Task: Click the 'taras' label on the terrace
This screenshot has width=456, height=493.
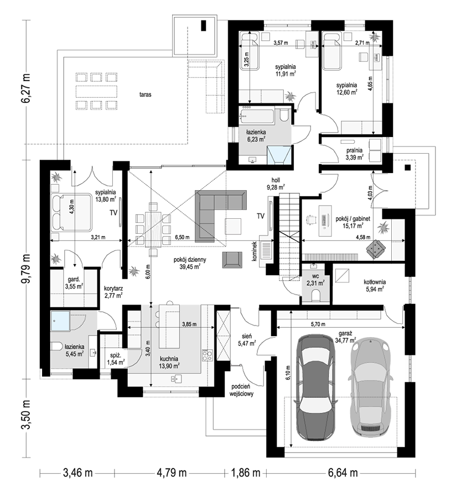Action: click(x=145, y=95)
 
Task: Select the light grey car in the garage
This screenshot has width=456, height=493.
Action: click(x=370, y=389)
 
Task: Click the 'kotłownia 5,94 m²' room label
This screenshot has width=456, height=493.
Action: click(x=375, y=285)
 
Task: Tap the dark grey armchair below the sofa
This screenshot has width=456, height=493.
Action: click(x=232, y=259)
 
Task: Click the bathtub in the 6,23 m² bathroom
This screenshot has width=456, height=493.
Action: click(x=257, y=117)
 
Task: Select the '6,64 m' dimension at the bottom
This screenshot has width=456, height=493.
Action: click(x=343, y=473)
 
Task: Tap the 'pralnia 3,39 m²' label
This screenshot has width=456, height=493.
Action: click(x=354, y=154)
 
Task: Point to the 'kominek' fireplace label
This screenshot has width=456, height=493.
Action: click(x=255, y=251)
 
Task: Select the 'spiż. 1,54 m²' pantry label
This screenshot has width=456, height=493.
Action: click(x=116, y=359)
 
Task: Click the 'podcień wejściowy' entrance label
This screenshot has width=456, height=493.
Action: click(x=242, y=390)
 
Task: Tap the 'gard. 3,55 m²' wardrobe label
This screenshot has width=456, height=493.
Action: click(x=74, y=282)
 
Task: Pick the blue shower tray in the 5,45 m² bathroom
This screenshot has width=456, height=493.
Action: click(x=61, y=321)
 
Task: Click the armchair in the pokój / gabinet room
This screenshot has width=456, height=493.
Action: click(x=376, y=249)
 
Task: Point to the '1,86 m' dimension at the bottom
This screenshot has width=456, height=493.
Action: click(x=246, y=473)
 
